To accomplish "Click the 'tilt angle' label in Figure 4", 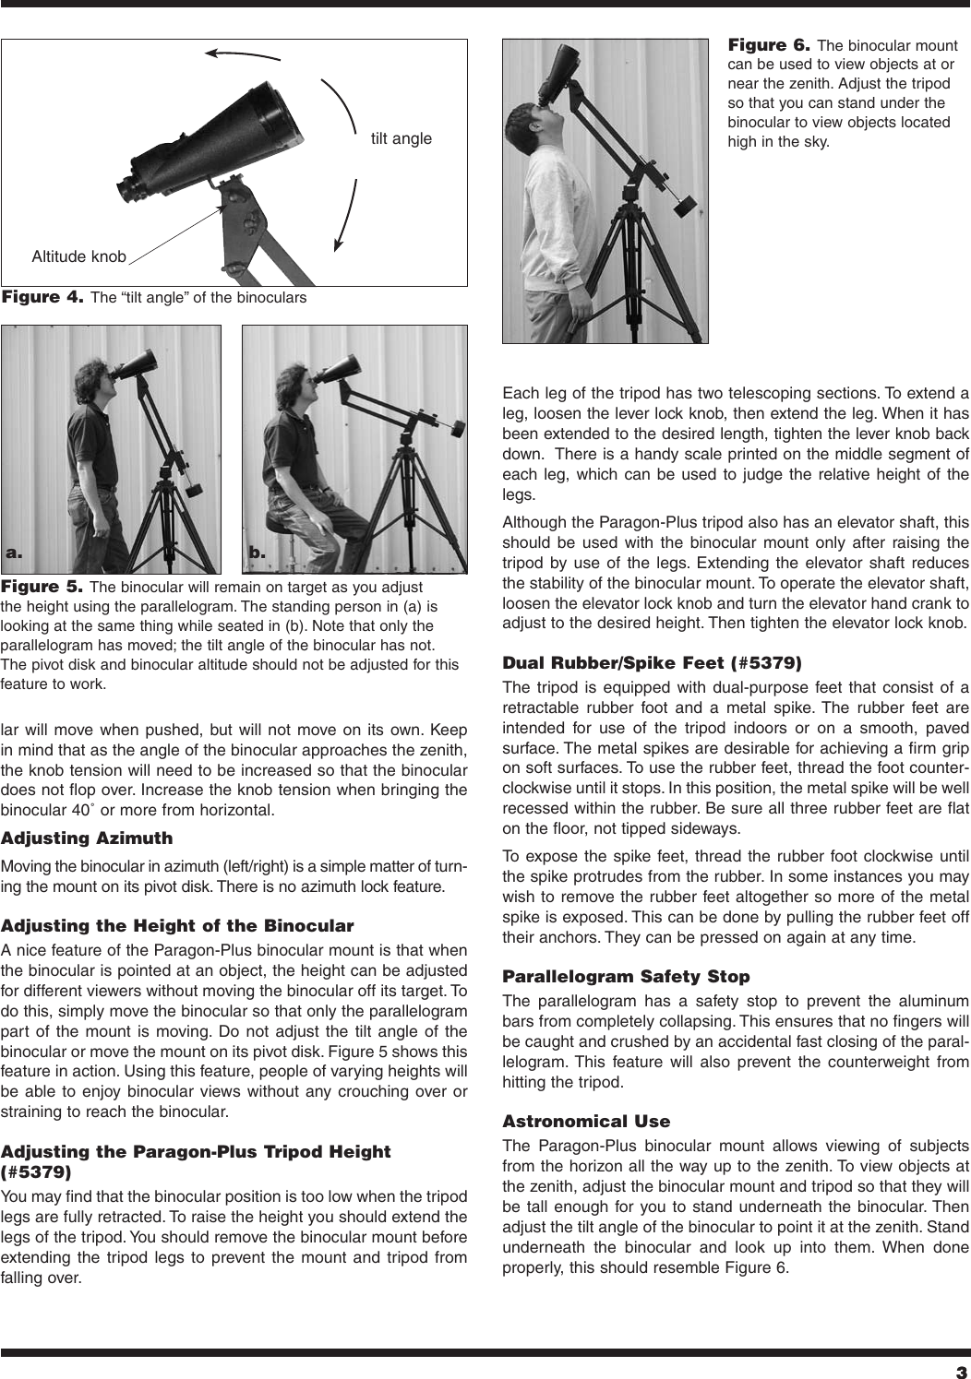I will click(401, 138).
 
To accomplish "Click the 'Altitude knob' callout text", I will click(78, 256).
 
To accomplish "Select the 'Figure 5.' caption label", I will click(43, 587).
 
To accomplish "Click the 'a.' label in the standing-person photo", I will click(14, 553).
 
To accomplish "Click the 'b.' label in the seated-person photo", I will click(258, 553).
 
